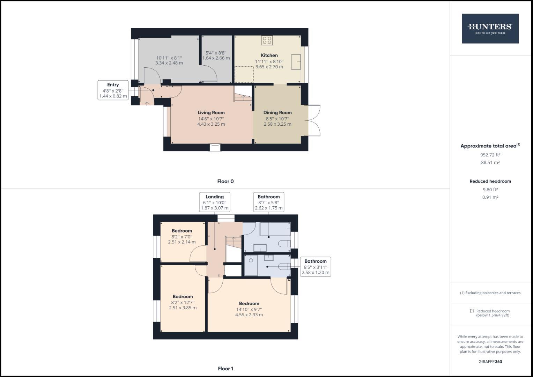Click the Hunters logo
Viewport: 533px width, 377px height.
pyautogui.click(x=490, y=29)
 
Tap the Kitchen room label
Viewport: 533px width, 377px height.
pyautogui.click(x=269, y=55)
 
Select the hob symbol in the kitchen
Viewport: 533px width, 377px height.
pyautogui.click(x=267, y=40)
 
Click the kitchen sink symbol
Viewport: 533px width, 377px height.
pyautogui.click(x=296, y=62)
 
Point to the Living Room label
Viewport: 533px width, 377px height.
pyautogui.click(x=211, y=112)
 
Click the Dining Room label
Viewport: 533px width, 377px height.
pyautogui.click(x=277, y=112)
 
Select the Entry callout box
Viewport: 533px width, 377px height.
pyautogui.click(x=113, y=90)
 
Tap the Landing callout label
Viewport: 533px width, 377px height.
pyautogui.click(x=214, y=197)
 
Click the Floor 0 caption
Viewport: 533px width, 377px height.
pyautogui.click(x=225, y=181)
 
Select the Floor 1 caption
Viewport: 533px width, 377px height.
pyautogui.click(x=225, y=369)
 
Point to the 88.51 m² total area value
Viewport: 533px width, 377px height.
pyautogui.click(x=490, y=162)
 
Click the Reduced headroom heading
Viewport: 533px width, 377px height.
pyautogui.click(x=490, y=181)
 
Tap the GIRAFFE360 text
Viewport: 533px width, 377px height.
pyautogui.click(x=490, y=362)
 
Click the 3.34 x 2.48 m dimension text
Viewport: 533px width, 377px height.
pyautogui.click(x=169, y=63)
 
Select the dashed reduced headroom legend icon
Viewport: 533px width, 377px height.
pyautogui.click(x=472, y=311)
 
